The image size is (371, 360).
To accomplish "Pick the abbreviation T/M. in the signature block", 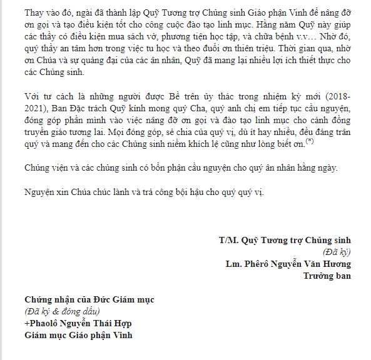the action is click(228, 240).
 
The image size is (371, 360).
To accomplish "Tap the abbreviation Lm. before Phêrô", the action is click(233, 262).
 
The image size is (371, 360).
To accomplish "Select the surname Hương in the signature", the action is click(337, 262).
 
